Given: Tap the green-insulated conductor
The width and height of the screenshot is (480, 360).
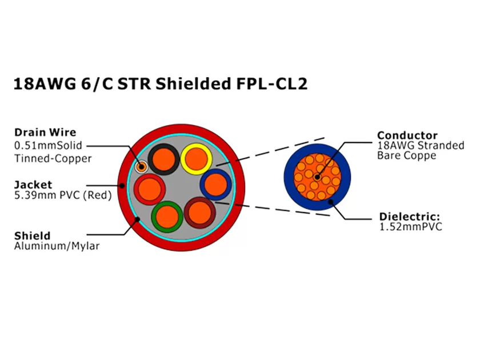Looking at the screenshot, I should click(x=167, y=217).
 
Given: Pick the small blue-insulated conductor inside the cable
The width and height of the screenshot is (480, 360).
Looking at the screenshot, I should click(x=215, y=185).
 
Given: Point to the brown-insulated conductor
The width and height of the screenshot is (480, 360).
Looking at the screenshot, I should click(x=199, y=213).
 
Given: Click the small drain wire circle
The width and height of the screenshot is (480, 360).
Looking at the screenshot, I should click(x=141, y=166).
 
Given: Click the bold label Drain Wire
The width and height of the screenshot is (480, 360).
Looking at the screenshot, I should click(x=45, y=133).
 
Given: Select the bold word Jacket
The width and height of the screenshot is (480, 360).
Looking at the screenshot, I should click(x=33, y=185).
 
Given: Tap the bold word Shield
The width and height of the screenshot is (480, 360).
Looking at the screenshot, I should click(x=32, y=235).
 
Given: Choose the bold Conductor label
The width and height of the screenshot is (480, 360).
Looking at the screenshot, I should click(x=407, y=135).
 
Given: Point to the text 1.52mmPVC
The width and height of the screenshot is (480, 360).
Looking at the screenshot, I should click(x=411, y=227).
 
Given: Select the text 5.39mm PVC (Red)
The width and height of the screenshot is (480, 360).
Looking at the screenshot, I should click(x=62, y=195).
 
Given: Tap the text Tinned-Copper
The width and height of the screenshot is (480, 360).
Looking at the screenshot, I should click(x=52, y=158).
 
